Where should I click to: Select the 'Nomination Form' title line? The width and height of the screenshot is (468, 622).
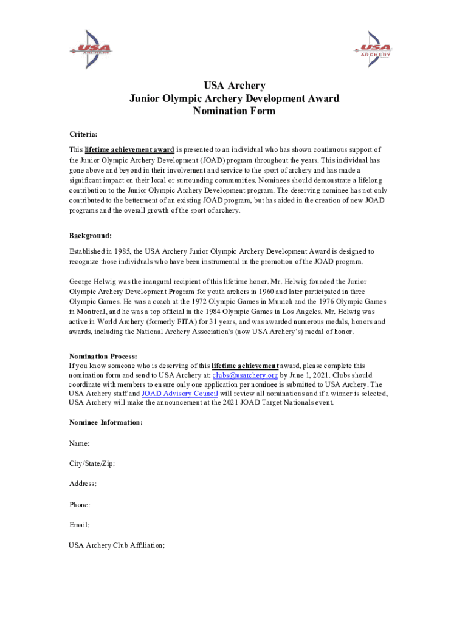pos(234,111)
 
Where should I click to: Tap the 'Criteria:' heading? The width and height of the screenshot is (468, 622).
pos(83,133)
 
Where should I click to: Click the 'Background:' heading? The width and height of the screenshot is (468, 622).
pos(90,235)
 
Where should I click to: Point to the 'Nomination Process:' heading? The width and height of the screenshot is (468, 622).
pos(103,356)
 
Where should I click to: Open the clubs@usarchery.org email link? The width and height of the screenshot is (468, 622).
pos(245,375)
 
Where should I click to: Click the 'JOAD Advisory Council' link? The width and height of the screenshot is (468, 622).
pos(179,394)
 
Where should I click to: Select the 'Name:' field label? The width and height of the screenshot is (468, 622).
pos(80,444)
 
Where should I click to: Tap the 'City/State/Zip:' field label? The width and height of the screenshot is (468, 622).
pos(92,464)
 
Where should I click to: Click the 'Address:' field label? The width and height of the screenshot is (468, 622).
pos(83,484)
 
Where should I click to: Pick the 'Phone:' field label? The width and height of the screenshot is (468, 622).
pos(80,505)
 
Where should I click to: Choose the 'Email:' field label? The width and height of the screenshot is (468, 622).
pos(79,525)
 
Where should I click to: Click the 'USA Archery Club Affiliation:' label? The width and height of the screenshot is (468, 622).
pos(117,545)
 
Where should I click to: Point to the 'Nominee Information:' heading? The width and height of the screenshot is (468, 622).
pos(106,422)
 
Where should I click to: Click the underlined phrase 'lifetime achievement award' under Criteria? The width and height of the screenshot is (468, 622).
pos(129,149)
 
